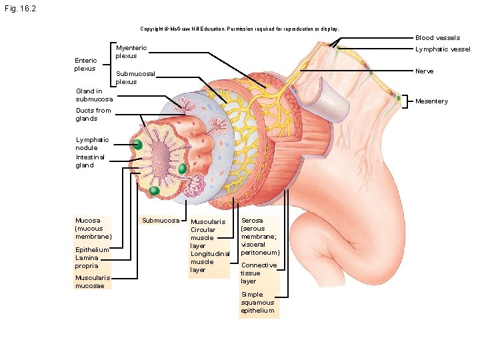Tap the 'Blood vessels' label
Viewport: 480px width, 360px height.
437,38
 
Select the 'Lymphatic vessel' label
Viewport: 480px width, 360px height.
443,49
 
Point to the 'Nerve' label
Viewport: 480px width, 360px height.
424,71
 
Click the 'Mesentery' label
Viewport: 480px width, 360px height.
432,101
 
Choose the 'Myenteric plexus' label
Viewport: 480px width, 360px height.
131,52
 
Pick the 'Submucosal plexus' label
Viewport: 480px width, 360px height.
135,77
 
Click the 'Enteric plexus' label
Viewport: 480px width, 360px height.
85,64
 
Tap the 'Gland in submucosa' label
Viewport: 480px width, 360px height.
94,95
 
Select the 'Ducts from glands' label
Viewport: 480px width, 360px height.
93,114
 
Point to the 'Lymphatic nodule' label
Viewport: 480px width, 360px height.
92,143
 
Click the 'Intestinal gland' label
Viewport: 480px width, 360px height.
90,161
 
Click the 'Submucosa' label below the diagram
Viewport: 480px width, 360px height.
161,221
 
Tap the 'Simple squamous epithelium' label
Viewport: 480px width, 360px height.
257,303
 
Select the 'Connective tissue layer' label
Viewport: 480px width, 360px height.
259,273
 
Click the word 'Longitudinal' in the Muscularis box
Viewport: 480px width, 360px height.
210,254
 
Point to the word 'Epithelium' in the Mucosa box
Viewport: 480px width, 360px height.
92,250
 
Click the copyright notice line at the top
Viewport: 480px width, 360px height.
239,29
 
